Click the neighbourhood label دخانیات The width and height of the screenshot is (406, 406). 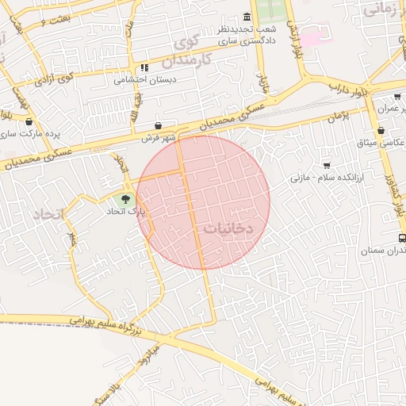[228, 228]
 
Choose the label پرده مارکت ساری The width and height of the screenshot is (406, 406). [31, 134]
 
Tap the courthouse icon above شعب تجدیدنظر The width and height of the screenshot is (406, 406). [247, 17]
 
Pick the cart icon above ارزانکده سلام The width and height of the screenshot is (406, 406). [326, 166]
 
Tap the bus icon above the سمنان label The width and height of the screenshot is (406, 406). [402, 238]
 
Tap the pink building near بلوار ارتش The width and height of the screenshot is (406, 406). [310, 37]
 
